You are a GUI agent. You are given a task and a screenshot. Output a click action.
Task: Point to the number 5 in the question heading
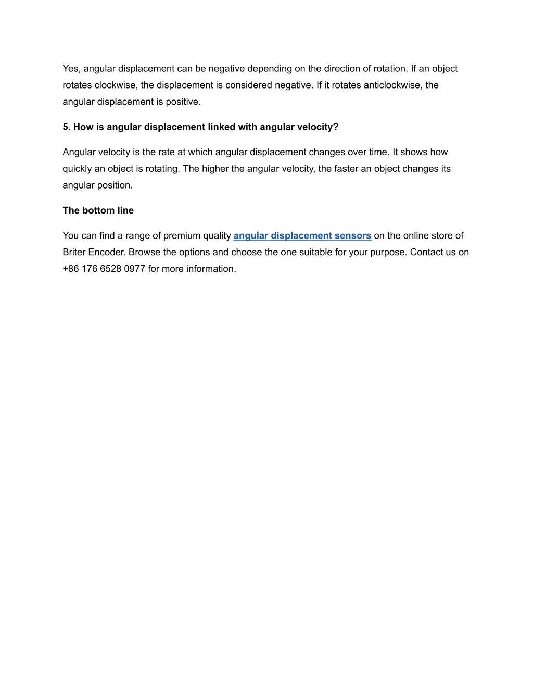66,127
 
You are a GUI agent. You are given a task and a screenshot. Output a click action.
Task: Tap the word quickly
77,169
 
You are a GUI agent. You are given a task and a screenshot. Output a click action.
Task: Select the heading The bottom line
98,210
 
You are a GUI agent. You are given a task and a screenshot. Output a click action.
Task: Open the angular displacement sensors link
302,236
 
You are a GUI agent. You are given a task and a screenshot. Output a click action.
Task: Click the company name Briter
74,252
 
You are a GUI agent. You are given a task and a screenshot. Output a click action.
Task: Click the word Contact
426,252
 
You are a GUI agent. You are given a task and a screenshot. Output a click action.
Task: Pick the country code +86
71,269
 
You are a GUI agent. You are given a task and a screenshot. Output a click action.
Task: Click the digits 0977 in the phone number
134,269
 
